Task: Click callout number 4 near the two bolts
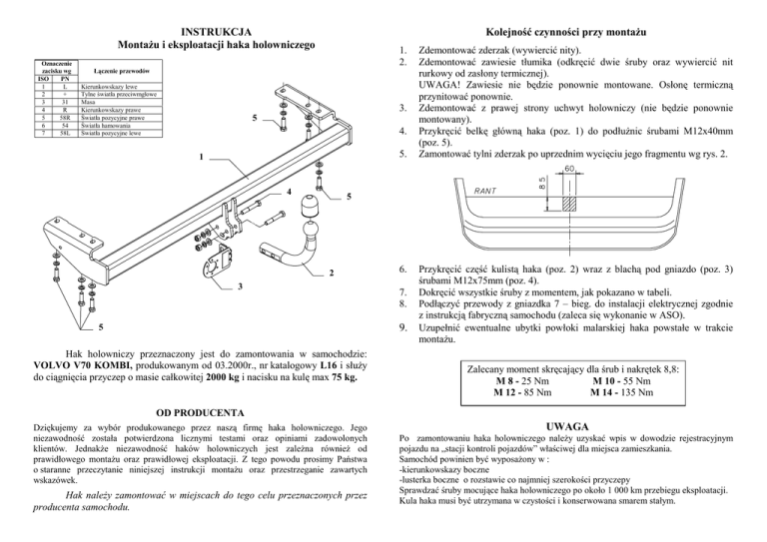click(x=288, y=189)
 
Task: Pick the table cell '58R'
click(x=64, y=116)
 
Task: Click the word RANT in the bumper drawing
click(x=485, y=189)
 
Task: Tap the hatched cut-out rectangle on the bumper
click(x=567, y=201)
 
